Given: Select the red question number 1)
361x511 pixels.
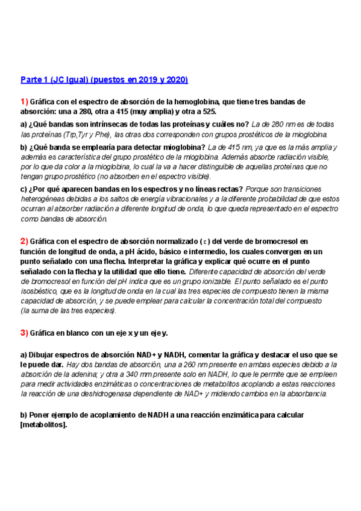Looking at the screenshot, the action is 24,101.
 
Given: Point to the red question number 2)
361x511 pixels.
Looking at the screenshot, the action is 24,241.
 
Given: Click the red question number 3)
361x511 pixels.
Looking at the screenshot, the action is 24,333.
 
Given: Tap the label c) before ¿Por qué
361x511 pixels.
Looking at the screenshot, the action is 24,189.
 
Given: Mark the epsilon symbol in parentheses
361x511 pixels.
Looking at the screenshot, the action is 218,242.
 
